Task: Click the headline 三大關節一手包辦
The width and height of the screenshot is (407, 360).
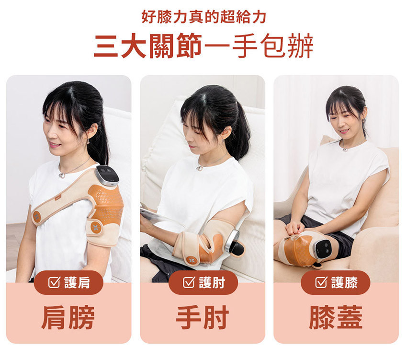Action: click(203, 46)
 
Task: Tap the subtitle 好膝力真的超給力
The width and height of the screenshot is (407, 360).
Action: click(204, 17)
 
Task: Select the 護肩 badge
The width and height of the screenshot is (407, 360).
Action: click(69, 282)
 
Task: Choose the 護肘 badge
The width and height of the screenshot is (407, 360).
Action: click(203, 282)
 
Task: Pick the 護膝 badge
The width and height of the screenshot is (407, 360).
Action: click(336, 282)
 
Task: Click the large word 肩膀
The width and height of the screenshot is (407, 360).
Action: click(68, 317)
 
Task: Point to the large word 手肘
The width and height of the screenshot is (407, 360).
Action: click(203, 317)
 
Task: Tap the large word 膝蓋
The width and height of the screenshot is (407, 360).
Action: click(336, 317)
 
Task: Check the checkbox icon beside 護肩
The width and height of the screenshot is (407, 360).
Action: click(54, 282)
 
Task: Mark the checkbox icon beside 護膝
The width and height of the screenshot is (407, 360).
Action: click(321, 282)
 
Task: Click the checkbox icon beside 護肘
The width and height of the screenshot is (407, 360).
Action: click(189, 282)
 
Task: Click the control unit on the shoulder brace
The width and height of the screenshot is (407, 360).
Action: click(107, 176)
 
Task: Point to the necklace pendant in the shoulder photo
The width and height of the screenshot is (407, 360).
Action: click(61, 176)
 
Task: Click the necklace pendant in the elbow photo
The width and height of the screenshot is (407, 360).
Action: click(199, 168)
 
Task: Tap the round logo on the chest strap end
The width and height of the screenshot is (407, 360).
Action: click(37, 216)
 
